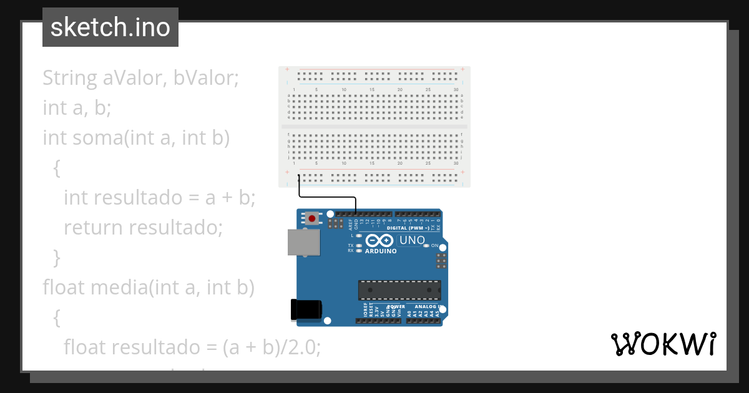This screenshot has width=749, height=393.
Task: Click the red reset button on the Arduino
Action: click(311, 218)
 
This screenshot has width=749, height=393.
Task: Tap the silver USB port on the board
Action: click(303, 242)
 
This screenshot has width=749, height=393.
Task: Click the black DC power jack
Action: click(306, 311)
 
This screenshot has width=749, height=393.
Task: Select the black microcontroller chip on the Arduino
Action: click(399, 290)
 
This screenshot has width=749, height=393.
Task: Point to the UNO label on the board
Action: click(412, 240)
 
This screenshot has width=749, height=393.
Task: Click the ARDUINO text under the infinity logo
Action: click(381, 251)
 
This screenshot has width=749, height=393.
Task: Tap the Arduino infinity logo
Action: click(379, 240)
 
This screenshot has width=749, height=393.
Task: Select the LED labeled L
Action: click(359, 236)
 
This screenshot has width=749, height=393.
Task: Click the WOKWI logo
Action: click(663, 344)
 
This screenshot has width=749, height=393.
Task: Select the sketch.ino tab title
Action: click(110, 27)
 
